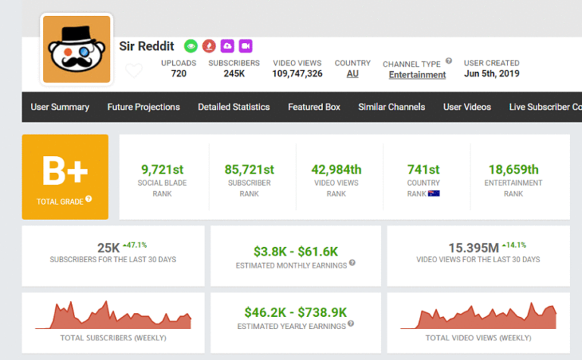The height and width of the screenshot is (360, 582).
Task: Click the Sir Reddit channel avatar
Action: tap(77, 49)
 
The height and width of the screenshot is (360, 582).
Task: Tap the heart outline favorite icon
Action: tap(133, 71)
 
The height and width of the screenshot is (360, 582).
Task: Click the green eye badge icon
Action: tap(191, 45)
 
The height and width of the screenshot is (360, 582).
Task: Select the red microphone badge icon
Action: tap(209, 45)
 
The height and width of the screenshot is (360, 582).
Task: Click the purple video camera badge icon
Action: tap(246, 45)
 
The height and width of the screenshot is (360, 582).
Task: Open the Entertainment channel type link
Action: tap(417, 74)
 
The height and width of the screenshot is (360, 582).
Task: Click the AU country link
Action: tap(352, 74)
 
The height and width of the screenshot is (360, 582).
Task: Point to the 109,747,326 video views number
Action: tap(297, 74)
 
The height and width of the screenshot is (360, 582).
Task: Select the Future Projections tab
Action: tap(143, 107)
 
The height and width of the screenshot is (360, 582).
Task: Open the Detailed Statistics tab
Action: tap(233, 107)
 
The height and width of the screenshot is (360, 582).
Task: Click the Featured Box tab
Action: tap(314, 107)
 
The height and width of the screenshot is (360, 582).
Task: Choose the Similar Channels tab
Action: tap(391, 107)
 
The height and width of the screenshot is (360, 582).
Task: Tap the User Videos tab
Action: tap(467, 107)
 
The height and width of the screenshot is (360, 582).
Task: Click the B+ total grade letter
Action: tap(64, 172)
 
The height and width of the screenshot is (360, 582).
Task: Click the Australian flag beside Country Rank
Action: tap(434, 193)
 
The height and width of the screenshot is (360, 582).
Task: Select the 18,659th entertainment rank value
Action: tap(513, 169)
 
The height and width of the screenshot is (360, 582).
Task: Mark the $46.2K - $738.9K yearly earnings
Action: tap(296, 311)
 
